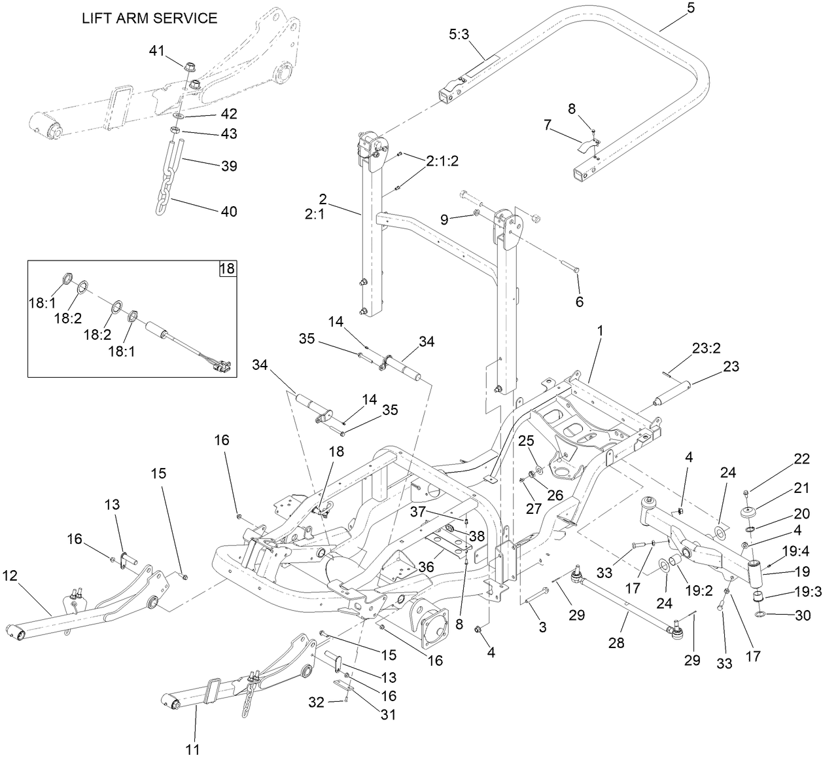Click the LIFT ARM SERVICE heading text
pos(149,18)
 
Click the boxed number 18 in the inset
pos(227,269)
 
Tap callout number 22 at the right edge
pos(802,459)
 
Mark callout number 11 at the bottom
pos(194,748)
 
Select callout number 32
pos(316,703)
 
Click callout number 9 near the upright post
pos(446,221)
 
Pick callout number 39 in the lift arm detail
pos(228,166)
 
